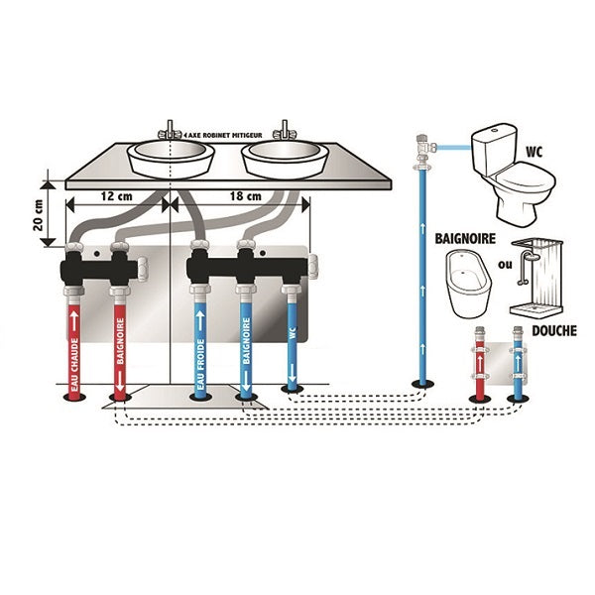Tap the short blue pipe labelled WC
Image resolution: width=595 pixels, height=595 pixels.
[291, 342]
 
